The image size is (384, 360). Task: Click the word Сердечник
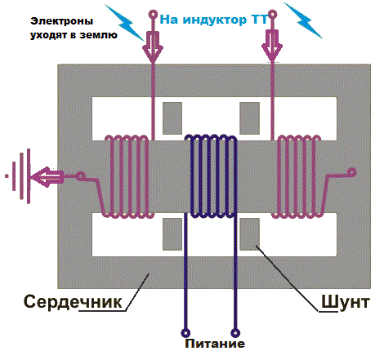pos(73,301)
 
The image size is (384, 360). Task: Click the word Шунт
pos(346,301)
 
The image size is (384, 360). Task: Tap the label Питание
pos(215,344)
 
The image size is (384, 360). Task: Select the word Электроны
pos(61,21)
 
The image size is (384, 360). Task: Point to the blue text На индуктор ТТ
pos(214,20)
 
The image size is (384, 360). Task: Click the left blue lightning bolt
pos(124,23)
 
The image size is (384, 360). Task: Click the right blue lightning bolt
pos(303,20)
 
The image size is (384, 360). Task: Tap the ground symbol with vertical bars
pos(21,176)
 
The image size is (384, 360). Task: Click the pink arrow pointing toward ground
pos(48,176)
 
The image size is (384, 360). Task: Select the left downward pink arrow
pos(153,46)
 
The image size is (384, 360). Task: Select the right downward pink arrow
pos(272,46)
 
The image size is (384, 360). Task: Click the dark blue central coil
pos(211,176)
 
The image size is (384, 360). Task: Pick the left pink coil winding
pos(127,176)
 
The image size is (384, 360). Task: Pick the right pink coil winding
pos(299,176)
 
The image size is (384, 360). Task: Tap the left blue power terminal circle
pos(185,332)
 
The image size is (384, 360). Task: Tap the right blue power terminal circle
pos(235,332)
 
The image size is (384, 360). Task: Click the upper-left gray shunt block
pos(172,118)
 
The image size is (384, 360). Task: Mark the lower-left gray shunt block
pos(172,234)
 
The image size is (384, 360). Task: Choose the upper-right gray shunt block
pos(249,118)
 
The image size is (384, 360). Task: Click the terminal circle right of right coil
pos(352,172)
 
